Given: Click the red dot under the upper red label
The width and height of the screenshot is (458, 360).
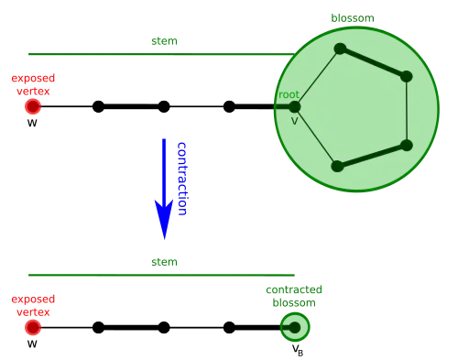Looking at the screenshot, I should click(x=33, y=106).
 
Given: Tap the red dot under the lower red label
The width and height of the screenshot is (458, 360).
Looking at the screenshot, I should click(x=33, y=327).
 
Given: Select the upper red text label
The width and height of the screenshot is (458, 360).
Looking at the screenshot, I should click(x=33, y=84).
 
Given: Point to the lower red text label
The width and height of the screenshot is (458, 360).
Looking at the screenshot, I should click(x=33, y=305).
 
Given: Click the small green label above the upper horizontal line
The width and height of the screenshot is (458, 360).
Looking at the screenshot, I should click(x=165, y=43).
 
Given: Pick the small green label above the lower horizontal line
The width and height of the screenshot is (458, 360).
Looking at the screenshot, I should click(x=165, y=263).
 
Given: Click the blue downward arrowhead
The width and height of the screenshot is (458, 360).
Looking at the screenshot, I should click(x=164, y=218).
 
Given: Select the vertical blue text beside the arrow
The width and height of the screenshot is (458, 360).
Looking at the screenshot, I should click(x=181, y=179).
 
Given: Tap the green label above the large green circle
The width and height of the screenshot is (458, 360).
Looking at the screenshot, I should click(x=352, y=17).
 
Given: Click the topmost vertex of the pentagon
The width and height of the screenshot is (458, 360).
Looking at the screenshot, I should click(x=340, y=49).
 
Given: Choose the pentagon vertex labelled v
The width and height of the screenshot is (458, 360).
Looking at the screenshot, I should click(x=295, y=106).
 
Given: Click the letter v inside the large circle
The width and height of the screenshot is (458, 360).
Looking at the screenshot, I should click(x=295, y=120).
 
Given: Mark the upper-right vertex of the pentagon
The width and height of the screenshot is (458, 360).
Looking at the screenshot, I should click(x=406, y=76).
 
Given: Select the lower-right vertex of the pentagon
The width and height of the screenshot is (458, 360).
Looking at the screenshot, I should click(x=406, y=145).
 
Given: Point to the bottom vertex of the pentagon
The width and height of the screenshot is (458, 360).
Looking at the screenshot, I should click(x=337, y=166).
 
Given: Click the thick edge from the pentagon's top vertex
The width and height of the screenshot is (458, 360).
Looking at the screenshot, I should click(x=373, y=62).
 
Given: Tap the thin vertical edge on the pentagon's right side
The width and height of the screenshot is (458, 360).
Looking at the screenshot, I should click(x=406, y=110).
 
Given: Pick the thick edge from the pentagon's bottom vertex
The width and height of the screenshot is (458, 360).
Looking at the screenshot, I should click(x=372, y=156).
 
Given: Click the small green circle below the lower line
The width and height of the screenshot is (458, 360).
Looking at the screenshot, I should click(x=295, y=327).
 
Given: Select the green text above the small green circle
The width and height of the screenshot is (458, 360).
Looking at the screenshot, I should click(x=293, y=296).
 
